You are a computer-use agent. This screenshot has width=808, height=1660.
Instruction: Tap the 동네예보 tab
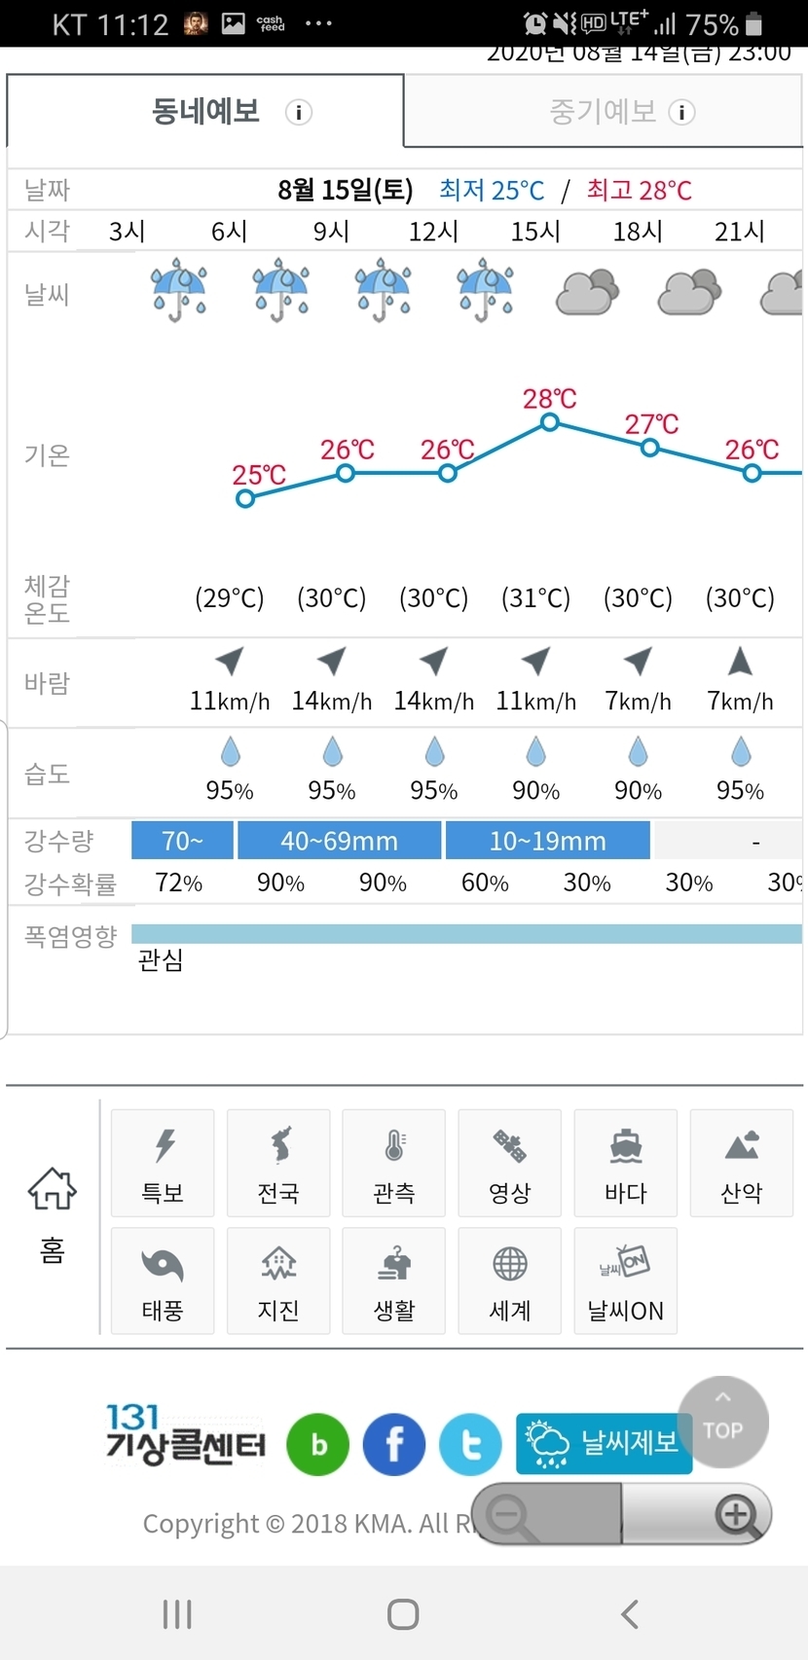[x=205, y=112]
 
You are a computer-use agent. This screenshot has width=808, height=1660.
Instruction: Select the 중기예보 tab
[x=603, y=112]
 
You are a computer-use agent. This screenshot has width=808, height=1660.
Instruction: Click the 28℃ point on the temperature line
[x=550, y=422]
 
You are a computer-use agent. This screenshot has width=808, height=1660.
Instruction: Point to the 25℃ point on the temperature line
[x=245, y=498]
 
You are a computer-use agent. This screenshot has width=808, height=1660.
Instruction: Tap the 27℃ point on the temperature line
[x=650, y=448]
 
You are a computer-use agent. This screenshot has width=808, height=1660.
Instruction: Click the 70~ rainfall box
[x=182, y=841]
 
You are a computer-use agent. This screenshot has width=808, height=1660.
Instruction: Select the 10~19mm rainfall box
[x=547, y=841]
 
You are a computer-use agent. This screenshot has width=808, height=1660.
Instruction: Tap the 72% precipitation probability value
[x=179, y=884]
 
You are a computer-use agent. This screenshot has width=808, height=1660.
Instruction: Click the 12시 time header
[x=433, y=232]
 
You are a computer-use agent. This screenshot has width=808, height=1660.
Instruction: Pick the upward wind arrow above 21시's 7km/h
[x=740, y=662]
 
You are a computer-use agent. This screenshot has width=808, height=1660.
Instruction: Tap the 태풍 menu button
[x=163, y=1281]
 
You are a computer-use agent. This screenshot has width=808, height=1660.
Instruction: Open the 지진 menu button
[x=278, y=1281]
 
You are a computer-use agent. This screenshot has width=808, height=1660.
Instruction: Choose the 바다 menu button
[x=625, y=1163]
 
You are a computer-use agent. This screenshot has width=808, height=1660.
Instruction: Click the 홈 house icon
[x=52, y=1189]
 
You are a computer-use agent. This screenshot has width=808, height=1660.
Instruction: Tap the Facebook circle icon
[x=394, y=1445]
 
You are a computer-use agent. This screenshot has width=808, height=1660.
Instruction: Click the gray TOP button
[x=722, y=1422]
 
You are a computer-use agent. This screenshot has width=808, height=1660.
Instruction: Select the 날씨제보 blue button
[x=604, y=1443]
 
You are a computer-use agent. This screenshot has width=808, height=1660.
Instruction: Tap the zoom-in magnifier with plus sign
[x=737, y=1514]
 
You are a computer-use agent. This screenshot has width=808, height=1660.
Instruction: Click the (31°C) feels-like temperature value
[x=535, y=597]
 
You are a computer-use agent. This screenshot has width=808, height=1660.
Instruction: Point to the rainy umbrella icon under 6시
[x=280, y=290]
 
